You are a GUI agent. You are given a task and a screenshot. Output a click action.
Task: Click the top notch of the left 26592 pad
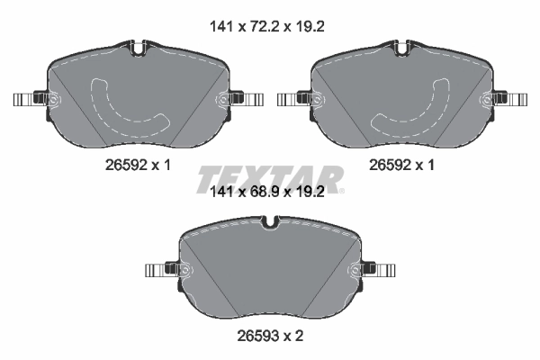click(x=139, y=46)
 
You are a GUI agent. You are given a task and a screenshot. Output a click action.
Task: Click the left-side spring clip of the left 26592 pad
click(x=29, y=100)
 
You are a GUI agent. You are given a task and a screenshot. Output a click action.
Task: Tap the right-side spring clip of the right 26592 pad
click(x=508, y=100)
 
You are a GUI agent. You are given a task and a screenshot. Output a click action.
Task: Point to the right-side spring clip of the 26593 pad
click(x=379, y=270)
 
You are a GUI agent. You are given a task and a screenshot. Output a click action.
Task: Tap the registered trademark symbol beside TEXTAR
click(x=343, y=190)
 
